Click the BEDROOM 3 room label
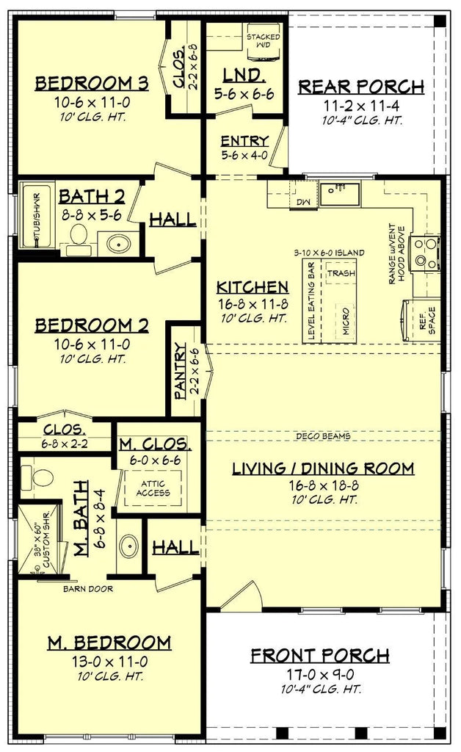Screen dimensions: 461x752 click(92, 84)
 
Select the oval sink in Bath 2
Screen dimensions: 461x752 click(118, 244)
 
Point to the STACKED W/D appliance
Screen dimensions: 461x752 click(263, 42)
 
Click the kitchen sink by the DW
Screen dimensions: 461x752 click(340, 194)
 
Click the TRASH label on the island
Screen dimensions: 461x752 click(341, 273)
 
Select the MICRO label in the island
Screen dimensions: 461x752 click(346, 321)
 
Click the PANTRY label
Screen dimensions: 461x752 click(180, 370)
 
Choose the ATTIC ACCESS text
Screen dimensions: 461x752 click(153, 488)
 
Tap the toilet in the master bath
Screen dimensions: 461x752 click(40, 476)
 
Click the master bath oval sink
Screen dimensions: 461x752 click(128, 546)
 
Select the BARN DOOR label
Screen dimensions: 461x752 click(88, 588)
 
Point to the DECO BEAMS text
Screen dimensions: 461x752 click(323, 436)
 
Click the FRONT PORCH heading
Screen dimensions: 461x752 click(320, 655)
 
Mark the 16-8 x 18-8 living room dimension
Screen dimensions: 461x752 click(323, 485)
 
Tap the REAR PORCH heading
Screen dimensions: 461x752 click(361, 87)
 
